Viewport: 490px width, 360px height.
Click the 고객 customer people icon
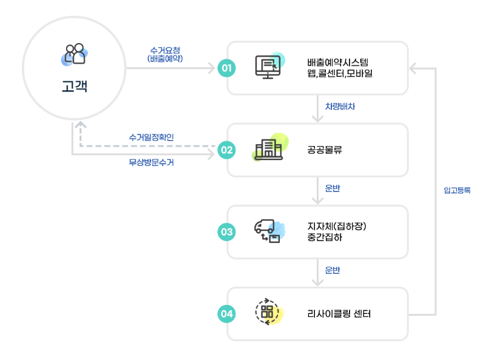[74, 54]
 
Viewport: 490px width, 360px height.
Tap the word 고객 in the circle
[74, 86]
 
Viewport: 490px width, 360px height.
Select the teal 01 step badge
[226, 68]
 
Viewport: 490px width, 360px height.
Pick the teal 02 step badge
[226, 150]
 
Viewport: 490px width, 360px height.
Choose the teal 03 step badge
[226, 232]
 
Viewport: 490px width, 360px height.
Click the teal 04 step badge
[226, 313]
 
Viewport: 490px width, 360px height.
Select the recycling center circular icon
[268, 312]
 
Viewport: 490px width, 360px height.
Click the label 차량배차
[340, 107]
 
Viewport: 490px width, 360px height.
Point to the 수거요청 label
[165, 50]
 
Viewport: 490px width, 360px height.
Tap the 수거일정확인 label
[151, 138]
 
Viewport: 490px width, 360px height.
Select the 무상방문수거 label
[151, 162]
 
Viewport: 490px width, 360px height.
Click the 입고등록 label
[457, 190]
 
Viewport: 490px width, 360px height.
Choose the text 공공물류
[325, 150]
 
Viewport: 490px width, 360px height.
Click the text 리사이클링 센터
[339, 314]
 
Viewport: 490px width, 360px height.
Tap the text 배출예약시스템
[337, 62]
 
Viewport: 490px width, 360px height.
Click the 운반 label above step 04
[333, 270]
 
